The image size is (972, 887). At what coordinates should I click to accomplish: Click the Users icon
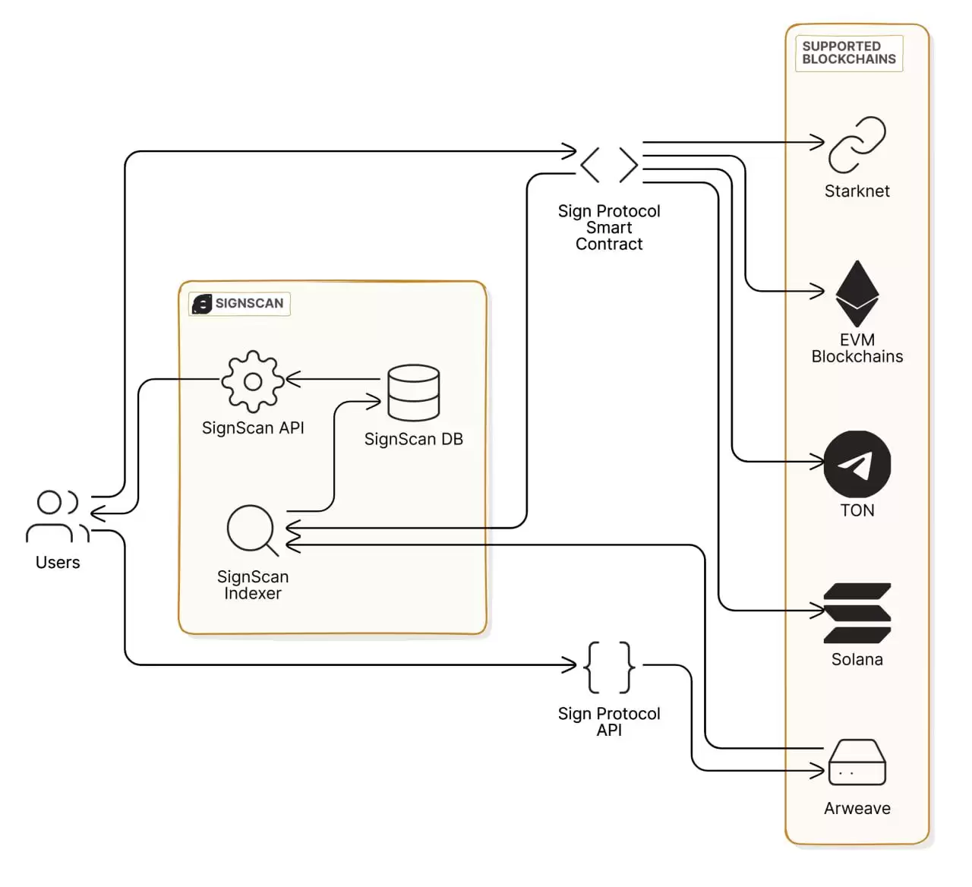tap(57, 516)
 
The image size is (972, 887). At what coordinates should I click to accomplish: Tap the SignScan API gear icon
tap(253, 381)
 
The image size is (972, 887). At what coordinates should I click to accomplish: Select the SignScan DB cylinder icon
tap(413, 393)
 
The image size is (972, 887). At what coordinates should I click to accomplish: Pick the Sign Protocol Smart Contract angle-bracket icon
tap(609, 165)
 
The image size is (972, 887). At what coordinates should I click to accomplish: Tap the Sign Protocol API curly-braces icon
tap(609, 667)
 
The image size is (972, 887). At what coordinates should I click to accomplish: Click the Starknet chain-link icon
tap(857, 144)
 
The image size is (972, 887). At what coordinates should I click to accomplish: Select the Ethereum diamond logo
tap(857, 293)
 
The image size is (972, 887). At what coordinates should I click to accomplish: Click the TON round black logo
tap(857, 464)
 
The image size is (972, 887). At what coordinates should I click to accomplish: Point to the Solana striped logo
tap(857, 613)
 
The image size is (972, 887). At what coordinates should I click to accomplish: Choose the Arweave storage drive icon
tap(857, 762)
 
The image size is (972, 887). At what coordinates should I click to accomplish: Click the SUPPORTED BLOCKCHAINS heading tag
tap(848, 53)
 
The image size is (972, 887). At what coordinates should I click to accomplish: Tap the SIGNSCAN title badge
tap(239, 304)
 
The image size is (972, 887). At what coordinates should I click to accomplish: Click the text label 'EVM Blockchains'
tap(857, 349)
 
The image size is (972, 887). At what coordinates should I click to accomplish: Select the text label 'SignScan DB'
tap(413, 439)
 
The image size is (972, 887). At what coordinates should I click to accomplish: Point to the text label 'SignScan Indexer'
tap(253, 585)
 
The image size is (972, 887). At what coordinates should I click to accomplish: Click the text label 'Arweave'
tap(857, 808)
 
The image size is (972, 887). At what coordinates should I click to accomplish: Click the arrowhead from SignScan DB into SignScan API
tap(292, 379)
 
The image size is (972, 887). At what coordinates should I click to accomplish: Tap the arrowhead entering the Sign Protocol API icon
tap(570, 665)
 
